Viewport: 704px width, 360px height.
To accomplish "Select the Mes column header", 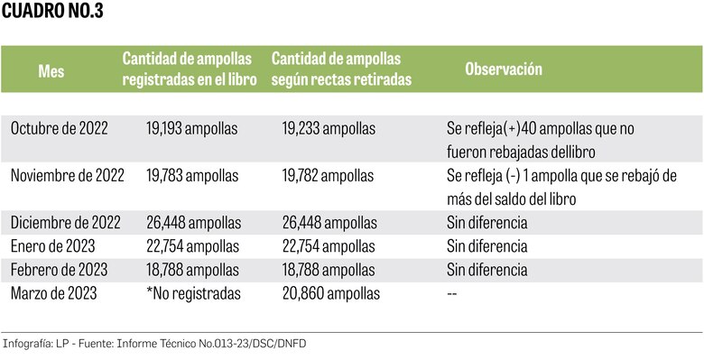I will click(51, 69).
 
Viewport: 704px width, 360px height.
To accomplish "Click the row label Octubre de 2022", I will click(59, 128).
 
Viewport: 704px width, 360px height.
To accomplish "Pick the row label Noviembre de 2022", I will click(67, 175).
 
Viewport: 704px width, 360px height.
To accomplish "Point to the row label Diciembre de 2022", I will click(64, 222).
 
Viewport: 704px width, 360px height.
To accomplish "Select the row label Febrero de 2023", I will click(60, 269).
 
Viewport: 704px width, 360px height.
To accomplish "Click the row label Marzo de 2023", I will click(55, 292).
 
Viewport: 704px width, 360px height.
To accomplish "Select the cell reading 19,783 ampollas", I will click(192, 175).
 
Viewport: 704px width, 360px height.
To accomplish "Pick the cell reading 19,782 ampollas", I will click(329, 175).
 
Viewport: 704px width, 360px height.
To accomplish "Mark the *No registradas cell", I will click(193, 292).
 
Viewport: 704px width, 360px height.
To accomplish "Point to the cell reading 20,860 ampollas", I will click(330, 292).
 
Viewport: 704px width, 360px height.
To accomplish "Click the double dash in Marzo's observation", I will click(451, 293).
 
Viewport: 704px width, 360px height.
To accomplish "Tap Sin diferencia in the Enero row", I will click(486, 245).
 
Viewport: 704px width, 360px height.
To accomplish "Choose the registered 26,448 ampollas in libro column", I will click(193, 222).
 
